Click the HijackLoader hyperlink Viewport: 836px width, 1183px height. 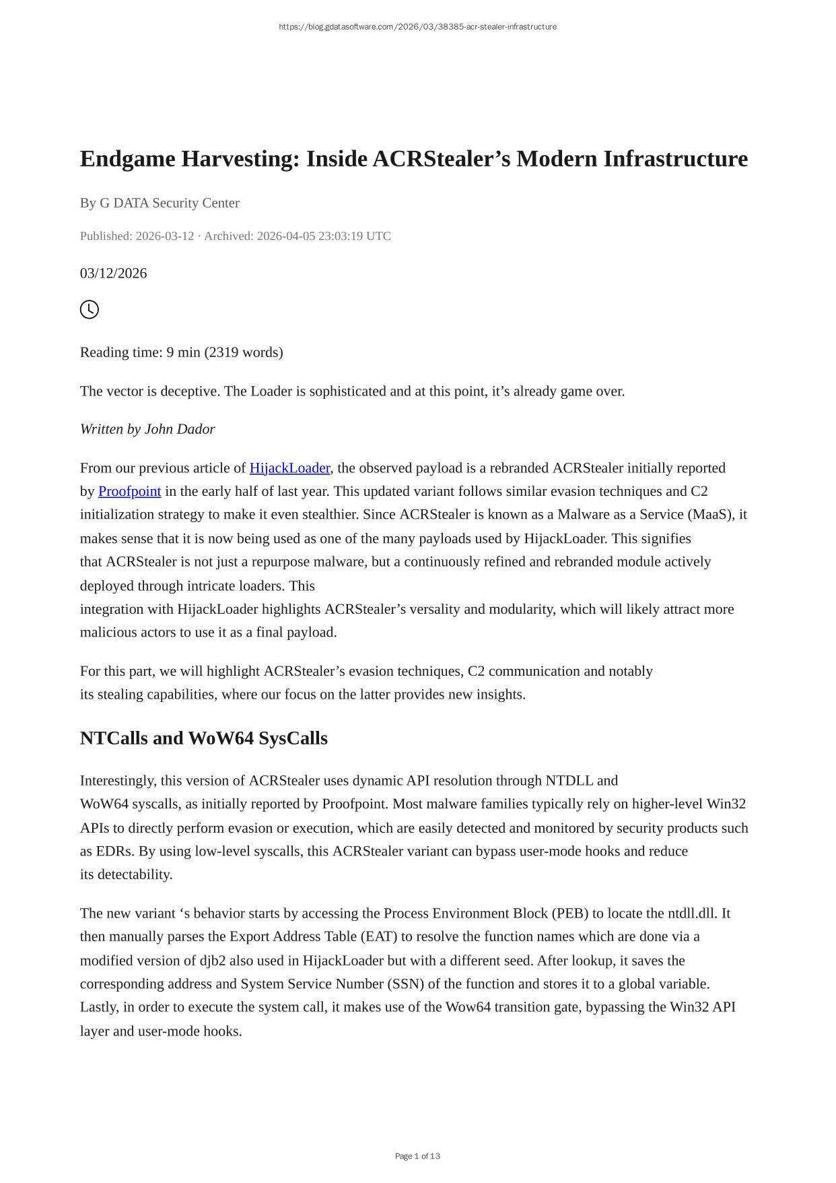pyautogui.click(x=289, y=468)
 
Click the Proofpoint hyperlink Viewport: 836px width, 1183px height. pyautogui.click(x=129, y=492)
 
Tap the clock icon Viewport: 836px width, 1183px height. pyautogui.click(x=90, y=310)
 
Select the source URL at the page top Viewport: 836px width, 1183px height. pyautogui.click(x=417, y=27)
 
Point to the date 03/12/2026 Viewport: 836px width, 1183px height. pyautogui.click(x=113, y=274)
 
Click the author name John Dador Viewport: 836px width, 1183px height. pyautogui.click(x=180, y=430)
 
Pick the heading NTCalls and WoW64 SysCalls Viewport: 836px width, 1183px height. pyautogui.click(x=203, y=738)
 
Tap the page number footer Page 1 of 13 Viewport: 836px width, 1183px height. pyautogui.click(x=417, y=1156)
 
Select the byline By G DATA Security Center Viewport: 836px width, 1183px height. pyautogui.click(x=160, y=203)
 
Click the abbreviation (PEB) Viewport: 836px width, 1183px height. pyautogui.click(x=569, y=914)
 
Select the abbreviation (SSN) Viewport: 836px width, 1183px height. pyautogui.click(x=405, y=984)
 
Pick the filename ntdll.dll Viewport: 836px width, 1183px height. pyautogui.click(x=693, y=914)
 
